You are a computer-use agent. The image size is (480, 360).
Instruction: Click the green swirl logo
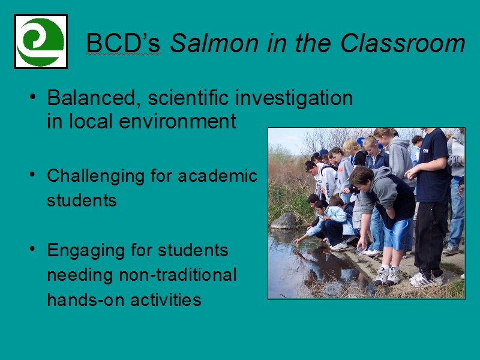pyautogui.click(x=40, y=41)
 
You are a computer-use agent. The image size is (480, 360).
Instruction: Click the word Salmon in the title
pyautogui.click(x=214, y=43)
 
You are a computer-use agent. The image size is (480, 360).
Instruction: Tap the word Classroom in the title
pyautogui.click(x=403, y=43)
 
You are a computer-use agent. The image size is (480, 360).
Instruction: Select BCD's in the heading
pyautogui.click(x=124, y=43)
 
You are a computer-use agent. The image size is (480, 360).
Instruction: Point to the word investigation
pyautogui.click(x=294, y=99)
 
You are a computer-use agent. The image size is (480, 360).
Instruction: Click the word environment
pyautogui.click(x=178, y=121)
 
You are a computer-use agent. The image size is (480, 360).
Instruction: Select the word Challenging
pyautogui.click(x=96, y=177)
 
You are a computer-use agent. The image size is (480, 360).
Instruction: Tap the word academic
pyautogui.click(x=218, y=176)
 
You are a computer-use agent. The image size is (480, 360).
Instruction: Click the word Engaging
pyautogui.click(x=86, y=251)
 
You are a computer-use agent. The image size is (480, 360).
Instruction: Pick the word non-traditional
pyautogui.click(x=178, y=275)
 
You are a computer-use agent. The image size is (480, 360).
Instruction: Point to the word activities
pyautogui.click(x=166, y=299)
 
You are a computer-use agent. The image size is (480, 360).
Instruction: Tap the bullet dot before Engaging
pyautogui.click(x=32, y=248)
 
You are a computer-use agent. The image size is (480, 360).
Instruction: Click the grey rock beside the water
pyautogui.click(x=284, y=221)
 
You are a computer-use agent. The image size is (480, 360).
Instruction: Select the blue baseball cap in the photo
pyautogui.click(x=322, y=153)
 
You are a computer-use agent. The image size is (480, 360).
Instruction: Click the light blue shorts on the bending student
pyautogui.click(x=397, y=233)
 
